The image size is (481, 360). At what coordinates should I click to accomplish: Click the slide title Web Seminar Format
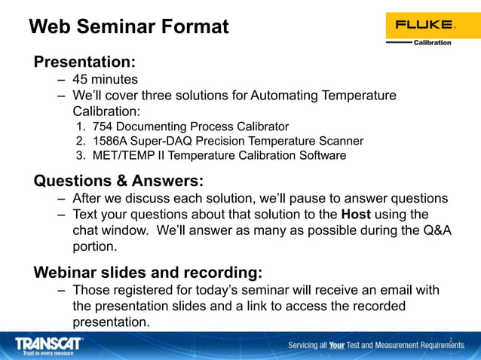128,27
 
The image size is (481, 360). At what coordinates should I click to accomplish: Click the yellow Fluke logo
423,25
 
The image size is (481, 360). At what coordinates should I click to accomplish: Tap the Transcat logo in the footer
50,343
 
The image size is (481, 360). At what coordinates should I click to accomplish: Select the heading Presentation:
84,62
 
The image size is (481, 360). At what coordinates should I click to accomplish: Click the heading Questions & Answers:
119,181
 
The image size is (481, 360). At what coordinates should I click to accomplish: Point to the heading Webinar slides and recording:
149,272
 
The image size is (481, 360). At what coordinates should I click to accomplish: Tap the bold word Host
356,215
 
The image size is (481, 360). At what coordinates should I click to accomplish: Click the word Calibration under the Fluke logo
433,43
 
